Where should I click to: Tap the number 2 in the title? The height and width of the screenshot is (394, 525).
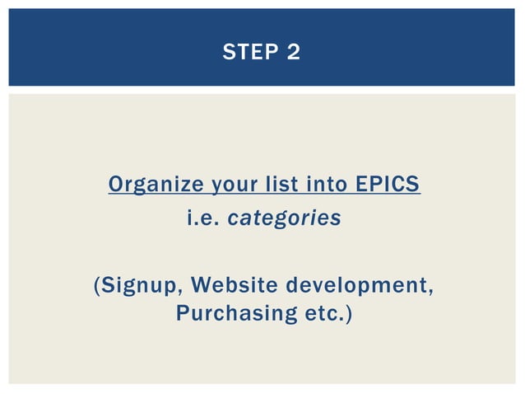click(x=294, y=53)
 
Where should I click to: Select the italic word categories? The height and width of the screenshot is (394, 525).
click(x=284, y=219)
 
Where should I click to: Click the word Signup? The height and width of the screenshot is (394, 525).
click(x=141, y=286)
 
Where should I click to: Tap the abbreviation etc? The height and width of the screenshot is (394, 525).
click(x=323, y=314)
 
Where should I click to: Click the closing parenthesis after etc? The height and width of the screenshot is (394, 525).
click(x=348, y=315)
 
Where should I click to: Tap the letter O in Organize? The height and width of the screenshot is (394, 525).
click(x=117, y=185)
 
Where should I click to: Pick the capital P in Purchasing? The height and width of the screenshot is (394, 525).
click(x=182, y=314)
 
